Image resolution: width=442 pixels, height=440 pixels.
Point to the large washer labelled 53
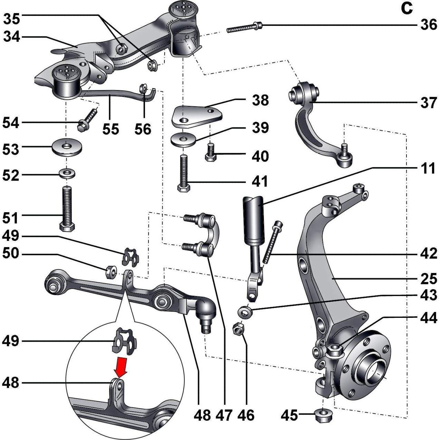point(67,148)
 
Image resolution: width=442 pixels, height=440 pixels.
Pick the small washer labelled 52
point(67,173)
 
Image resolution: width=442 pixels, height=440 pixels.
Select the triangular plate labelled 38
point(197,116)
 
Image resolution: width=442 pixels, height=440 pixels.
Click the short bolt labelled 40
point(210,152)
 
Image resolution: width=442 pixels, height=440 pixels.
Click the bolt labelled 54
point(87,120)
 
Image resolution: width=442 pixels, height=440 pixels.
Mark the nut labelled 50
point(112,272)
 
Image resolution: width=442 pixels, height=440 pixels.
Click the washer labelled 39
point(183,139)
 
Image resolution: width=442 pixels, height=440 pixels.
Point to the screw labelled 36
point(244,27)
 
